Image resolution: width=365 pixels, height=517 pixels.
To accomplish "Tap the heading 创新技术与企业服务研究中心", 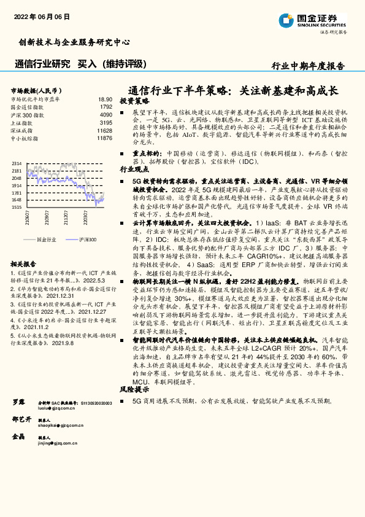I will (74, 42).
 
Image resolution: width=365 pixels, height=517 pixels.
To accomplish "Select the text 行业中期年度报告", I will (308, 66).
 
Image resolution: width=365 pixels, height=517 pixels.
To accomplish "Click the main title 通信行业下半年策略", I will (234, 90).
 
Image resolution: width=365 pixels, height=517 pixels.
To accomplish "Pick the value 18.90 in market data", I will (105, 98).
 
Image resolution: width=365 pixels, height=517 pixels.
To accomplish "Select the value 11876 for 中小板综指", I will (104, 138).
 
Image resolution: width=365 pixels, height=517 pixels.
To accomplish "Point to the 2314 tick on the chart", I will (17, 163).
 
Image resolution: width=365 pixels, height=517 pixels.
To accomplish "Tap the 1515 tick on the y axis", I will (17, 207).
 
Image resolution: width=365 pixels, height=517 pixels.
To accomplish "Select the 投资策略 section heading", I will (134, 100).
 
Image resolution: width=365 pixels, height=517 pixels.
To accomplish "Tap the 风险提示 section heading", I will (134, 389).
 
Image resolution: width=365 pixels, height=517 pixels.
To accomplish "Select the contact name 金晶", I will (18, 436).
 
